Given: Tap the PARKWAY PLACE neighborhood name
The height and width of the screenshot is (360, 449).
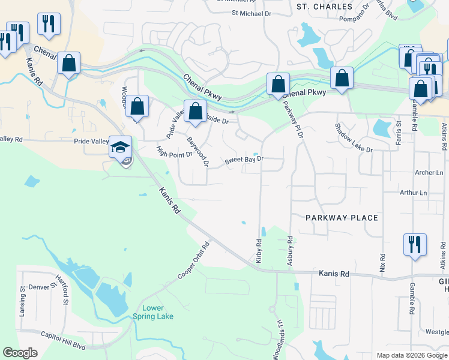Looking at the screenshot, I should click(342, 218).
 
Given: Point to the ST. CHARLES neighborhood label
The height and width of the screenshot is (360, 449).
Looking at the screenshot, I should click(325, 7).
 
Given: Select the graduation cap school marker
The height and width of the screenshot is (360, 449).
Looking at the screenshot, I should click(120, 146).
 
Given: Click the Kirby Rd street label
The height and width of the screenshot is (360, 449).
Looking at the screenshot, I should click(259, 251).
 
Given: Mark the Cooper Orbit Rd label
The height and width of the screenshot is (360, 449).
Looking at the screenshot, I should click(194, 260).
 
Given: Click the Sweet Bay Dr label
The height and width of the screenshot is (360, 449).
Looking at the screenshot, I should click(244, 160).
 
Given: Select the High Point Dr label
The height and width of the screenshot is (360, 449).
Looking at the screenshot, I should click(174, 155).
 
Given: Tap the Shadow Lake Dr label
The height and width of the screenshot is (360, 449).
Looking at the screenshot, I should click(354, 137).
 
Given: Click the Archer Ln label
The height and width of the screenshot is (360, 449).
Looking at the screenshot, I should click(429, 173).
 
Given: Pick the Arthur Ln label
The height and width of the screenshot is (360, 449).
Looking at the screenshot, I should click(414, 193).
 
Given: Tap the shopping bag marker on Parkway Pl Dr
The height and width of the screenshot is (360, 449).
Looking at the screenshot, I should click(278, 83).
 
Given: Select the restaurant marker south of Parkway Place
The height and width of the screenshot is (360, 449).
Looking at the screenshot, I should click(415, 244).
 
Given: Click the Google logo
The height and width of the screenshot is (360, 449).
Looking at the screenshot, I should click(20, 353).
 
